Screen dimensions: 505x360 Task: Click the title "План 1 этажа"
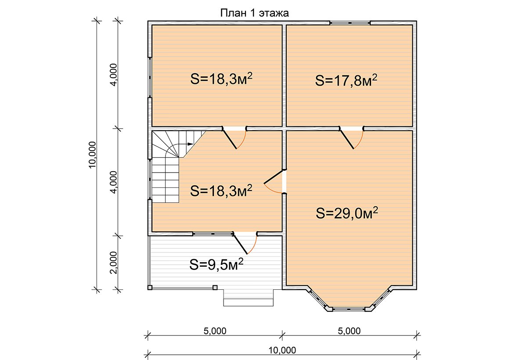click(x=254, y=13)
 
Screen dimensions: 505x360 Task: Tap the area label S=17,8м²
click(x=346, y=80)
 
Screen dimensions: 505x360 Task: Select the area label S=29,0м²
click(x=347, y=213)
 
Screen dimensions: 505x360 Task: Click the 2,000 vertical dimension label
click(x=113, y=263)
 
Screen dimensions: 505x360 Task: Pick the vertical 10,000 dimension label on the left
click(x=92, y=155)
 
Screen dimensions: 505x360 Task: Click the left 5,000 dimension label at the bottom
click(x=215, y=331)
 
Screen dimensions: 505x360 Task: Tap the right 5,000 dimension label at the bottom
click(x=350, y=331)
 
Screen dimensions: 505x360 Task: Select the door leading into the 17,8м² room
click(x=352, y=138)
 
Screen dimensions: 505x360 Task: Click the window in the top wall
click(x=350, y=22)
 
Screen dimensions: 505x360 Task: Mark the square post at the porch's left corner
click(x=150, y=287)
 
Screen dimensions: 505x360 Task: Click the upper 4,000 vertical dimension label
click(x=113, y=75)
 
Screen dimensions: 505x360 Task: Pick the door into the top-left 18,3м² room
click(x=234, y=138)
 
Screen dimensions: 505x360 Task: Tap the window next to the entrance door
click(x=213, y=233)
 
